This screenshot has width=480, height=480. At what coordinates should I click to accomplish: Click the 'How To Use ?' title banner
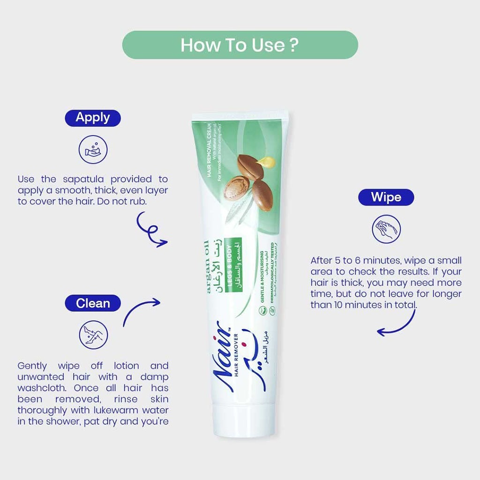click(240, 45)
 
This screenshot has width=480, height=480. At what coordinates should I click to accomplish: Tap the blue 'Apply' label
click(93, 118)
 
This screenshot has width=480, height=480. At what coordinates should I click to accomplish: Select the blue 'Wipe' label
click(386, 197)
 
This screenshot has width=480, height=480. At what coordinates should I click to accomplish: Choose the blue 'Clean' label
click(93, 303)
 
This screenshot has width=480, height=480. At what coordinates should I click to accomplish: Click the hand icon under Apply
click(93, 149)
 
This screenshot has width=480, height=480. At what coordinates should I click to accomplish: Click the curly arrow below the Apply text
click(150, 230)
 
